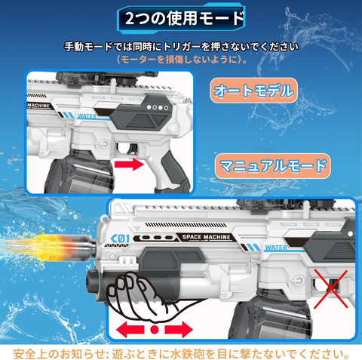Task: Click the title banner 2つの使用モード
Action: (181, 19)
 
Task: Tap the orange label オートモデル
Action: (253, 91)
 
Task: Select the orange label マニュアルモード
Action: (273, 166)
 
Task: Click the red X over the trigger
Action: (331, 289)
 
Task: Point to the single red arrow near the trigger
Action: (129, 165)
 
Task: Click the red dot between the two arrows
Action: (155, 329)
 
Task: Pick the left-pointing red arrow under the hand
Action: (130, 329)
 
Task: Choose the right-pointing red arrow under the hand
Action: (179, 329)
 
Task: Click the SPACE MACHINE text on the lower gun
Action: (206, 237)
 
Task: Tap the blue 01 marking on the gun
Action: (120, 238)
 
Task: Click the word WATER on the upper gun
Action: (87, 116)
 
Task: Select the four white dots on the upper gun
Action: (158, 107)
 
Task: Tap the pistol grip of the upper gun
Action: (171, 171)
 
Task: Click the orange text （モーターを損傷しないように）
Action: (182, 60)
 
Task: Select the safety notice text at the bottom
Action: (182, 354)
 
